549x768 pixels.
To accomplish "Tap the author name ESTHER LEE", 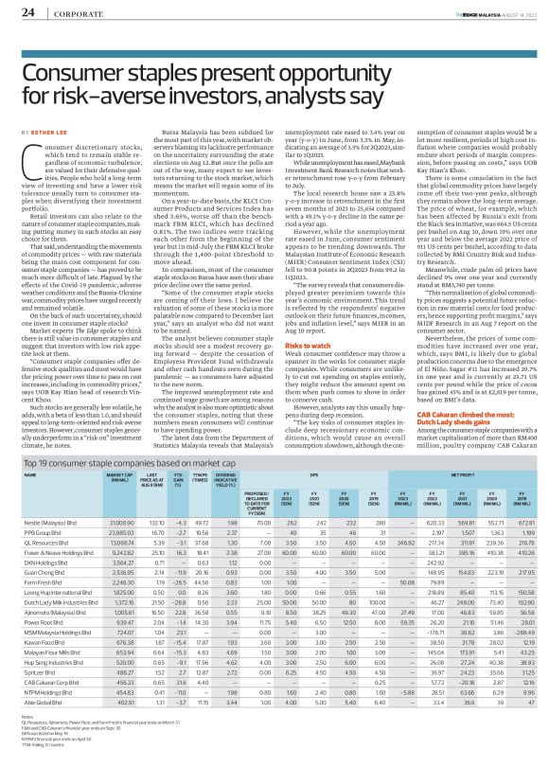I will tap(44, 134).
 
